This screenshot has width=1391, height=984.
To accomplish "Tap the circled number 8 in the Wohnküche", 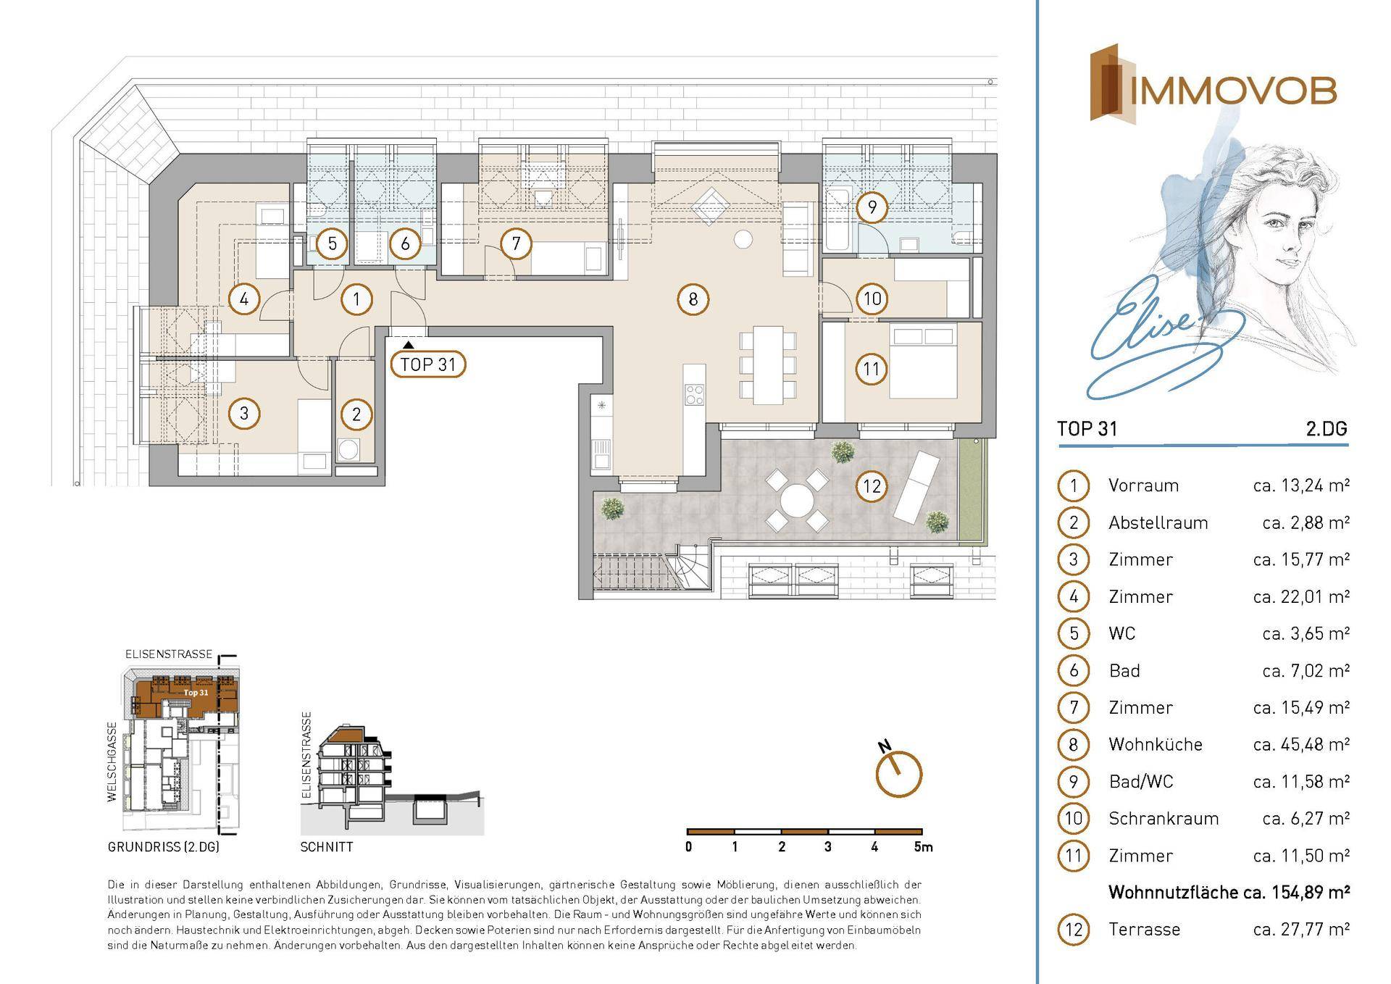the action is pos(693,299).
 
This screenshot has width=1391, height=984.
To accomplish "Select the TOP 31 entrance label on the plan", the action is pos(428,364).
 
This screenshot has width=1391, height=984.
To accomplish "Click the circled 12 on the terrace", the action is pos(872,485).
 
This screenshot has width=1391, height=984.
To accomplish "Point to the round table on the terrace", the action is pos(797,500).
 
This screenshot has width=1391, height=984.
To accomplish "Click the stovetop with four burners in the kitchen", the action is pos(694,393).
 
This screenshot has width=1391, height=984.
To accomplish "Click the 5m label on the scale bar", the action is pos(923,846).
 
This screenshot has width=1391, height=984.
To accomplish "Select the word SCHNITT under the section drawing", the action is pos(327,846).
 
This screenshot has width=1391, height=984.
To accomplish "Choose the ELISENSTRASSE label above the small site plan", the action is pos(169,654).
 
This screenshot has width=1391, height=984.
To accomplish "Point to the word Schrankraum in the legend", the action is pos(1164,818).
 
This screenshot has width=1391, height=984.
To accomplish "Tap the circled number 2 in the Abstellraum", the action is pos(356,415).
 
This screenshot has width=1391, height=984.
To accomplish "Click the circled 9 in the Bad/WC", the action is pos(872,208).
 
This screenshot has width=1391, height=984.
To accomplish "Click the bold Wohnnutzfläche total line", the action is pos(1229,892).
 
